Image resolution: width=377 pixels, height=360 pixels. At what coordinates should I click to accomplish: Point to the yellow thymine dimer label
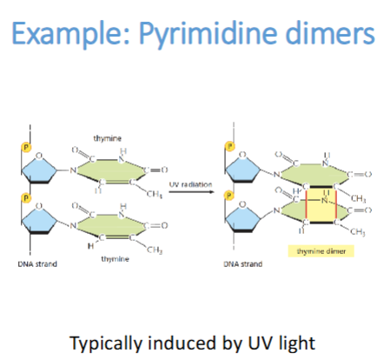[316, 250]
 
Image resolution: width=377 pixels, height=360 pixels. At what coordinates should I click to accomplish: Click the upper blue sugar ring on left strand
[44, 166]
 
